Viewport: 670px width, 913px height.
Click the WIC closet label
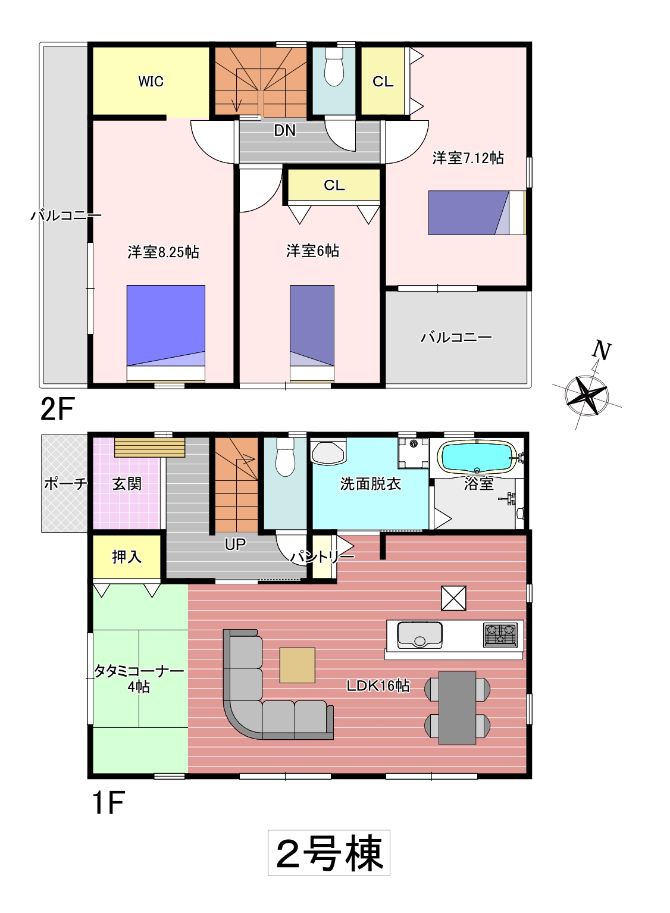pos(151,82)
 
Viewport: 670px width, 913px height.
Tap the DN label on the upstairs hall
pos(284,130)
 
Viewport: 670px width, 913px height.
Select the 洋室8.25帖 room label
pos(163,252)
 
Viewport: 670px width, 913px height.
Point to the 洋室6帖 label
pos(312,251)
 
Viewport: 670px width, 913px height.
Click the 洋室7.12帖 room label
pos(468,158)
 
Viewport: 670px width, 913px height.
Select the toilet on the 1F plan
pos(285,457)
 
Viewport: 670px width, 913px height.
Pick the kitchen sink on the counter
pos(419,634)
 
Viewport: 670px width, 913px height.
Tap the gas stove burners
pos(500,634)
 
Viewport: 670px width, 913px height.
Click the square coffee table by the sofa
pos(297,665)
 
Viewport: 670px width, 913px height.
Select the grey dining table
pos(457,708)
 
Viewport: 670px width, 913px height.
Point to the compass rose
pos(587,394)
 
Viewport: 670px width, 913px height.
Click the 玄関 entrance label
pos(127,484)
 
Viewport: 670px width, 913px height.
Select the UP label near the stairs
pos(235,544)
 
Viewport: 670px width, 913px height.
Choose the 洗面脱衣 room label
pos(371,484)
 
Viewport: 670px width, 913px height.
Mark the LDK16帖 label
pos(378,686)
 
